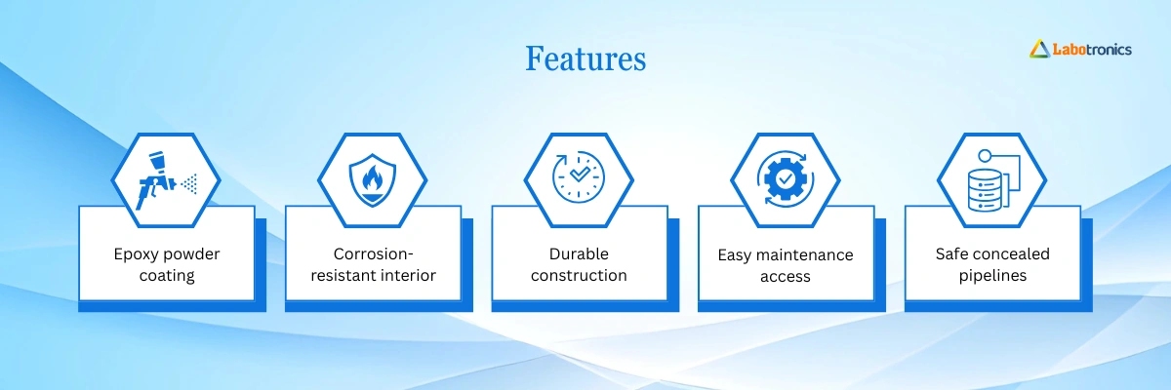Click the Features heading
pyautogui.click(x=585, y=58)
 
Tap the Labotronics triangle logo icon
pyautogui.click(x=1040, y=49)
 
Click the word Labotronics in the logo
pyautogui.click(x=1092, y=50)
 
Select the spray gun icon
pyautogui.click(x=157, y=180)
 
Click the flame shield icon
pyautogui.click(x=372, y=180)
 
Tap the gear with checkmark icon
pyautogui.click(x=786, y=179)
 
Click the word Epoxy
pyautogui.click(x=137, y=254)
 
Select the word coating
pyautogui.click(x=167, y=276)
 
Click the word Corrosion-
pyautogui.click(x=373, y=253)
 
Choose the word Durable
pyautogui.click(x=579, y=253)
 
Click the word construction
pyautogui.click(x=579, y=275)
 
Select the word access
pyautogui.click(x=786, y=276)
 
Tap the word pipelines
pyautogui.click(x=992, y=276)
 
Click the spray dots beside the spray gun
pyautogui.click(x=189, y=183)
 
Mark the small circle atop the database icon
pyautogui.click(x=985, y=156)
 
